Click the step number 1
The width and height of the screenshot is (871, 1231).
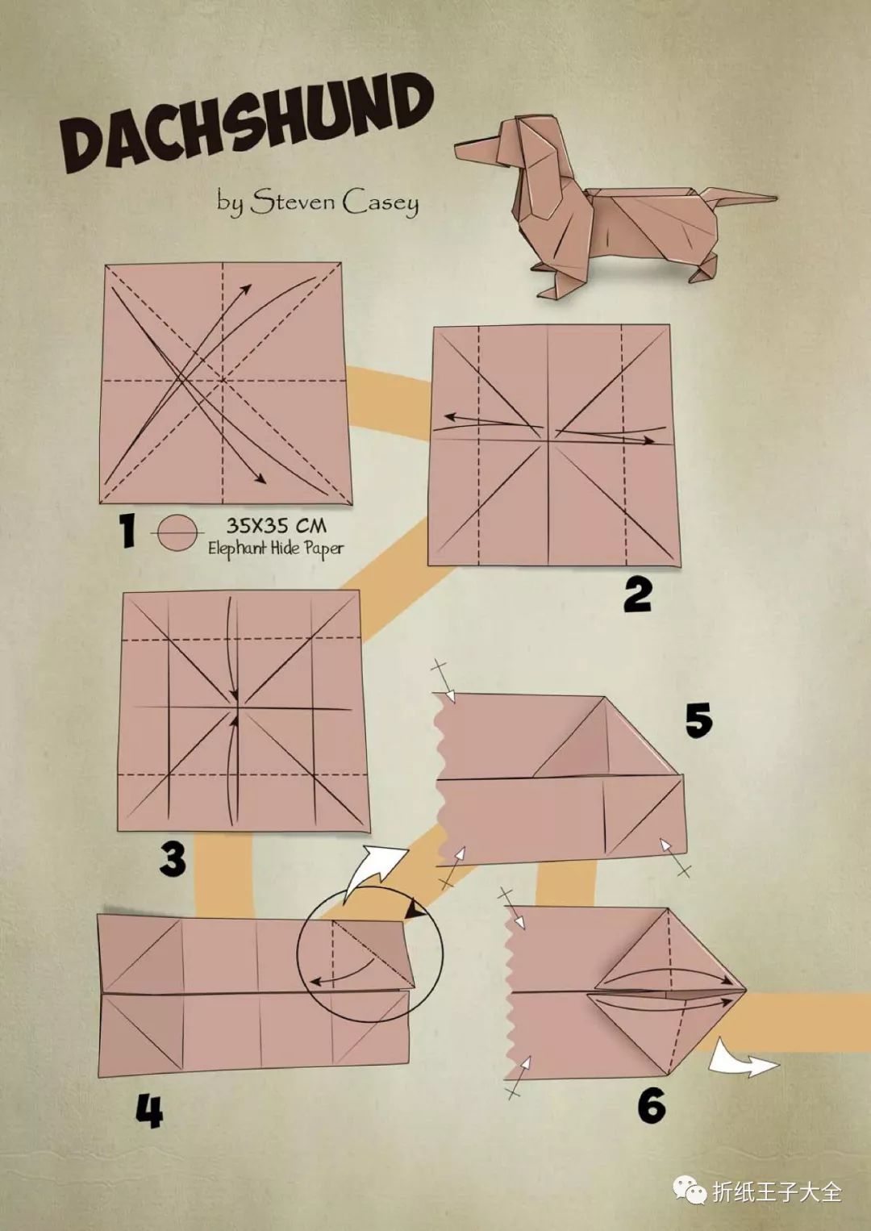[x=127, y=532]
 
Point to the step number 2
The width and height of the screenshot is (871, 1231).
[x=637, y=597]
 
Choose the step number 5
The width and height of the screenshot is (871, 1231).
[x=699, y=720]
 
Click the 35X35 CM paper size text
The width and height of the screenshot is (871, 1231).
[x=277, y=526]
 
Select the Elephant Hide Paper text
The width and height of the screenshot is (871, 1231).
[x=275, y=548]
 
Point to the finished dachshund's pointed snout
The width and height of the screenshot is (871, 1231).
[x=473, y=149]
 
